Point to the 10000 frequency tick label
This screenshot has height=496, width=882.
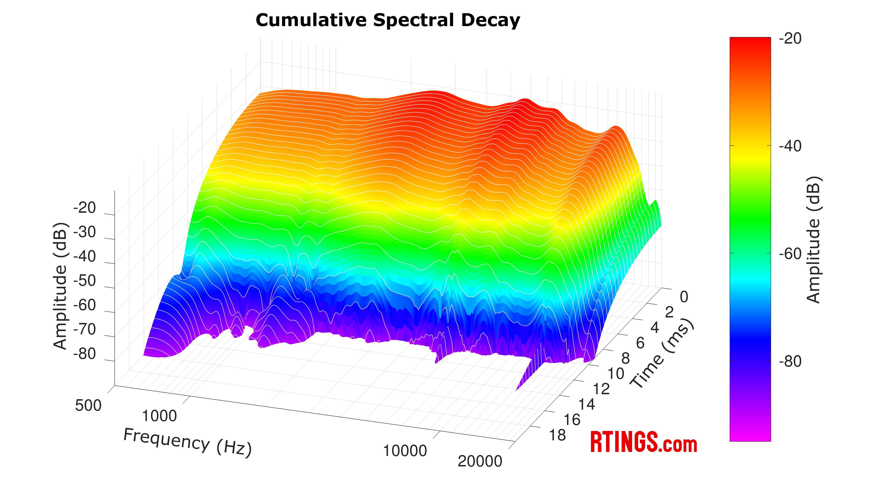click(x=405, y=451)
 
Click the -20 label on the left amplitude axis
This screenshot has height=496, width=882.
click(x=84, y=208)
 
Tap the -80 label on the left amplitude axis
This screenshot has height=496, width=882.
click(x=84, y=354)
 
